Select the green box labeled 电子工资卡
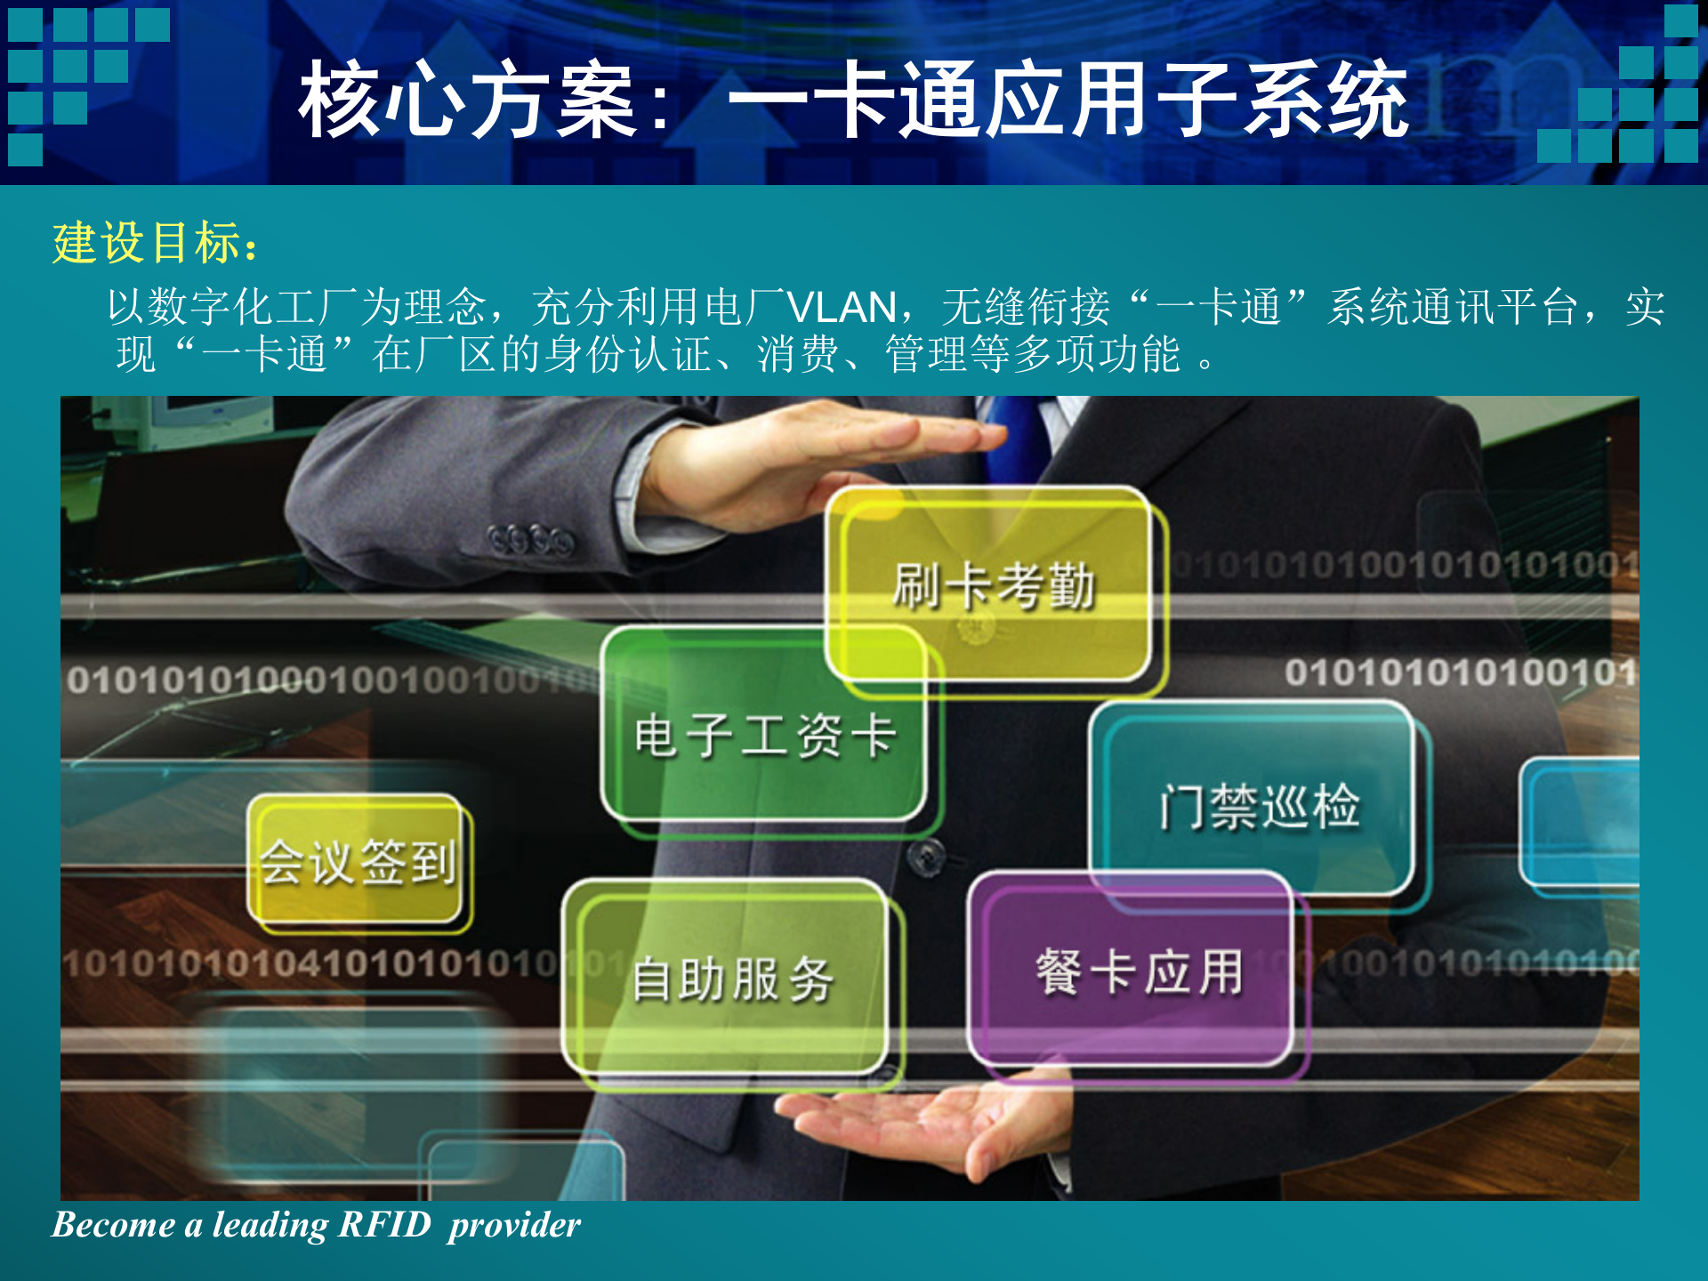click(764, 735)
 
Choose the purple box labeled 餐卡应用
click(1138, 971)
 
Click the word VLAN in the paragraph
click(842, 308)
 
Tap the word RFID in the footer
click(384, 1225)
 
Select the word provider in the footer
click(514, 1225)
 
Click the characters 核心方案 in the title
click(467, 101)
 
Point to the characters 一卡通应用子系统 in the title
click(1067, 101)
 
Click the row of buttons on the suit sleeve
click(531, 539)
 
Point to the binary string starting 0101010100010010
click(329, 681)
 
